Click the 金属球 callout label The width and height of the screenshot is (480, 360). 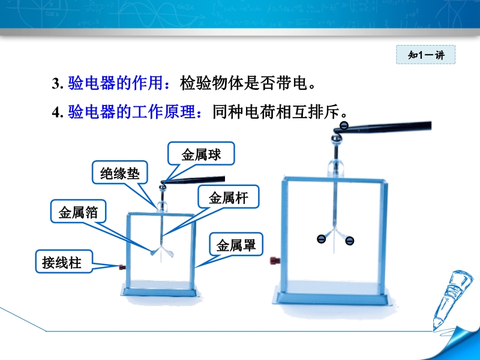[x=201, y=154]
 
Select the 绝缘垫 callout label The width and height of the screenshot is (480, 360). [x=120, y=173]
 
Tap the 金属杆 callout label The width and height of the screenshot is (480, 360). [x=229, y=197]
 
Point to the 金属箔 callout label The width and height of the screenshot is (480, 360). [x=78, y=212]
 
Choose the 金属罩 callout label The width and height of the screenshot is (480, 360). [x=236, y=245]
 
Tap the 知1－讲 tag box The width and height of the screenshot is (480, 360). [x=426, y=55]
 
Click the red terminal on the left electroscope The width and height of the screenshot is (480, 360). [x=122, y=267]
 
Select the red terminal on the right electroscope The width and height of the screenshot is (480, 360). [x=275, y=260]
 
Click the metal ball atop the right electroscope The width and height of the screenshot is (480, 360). [x=337, y=139]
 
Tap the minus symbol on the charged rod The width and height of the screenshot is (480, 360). [x=344, y=125]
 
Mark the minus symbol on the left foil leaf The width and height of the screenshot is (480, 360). [x=321, y=239]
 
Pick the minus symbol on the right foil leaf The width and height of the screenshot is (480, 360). [x=349, y=241]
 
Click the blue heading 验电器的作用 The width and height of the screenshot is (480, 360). [x=115, y=83]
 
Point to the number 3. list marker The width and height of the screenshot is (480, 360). [x=58, y=83]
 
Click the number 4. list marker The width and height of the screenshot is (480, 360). [x=58, y=112]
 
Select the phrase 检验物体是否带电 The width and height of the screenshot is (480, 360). [x=244, y=83]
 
